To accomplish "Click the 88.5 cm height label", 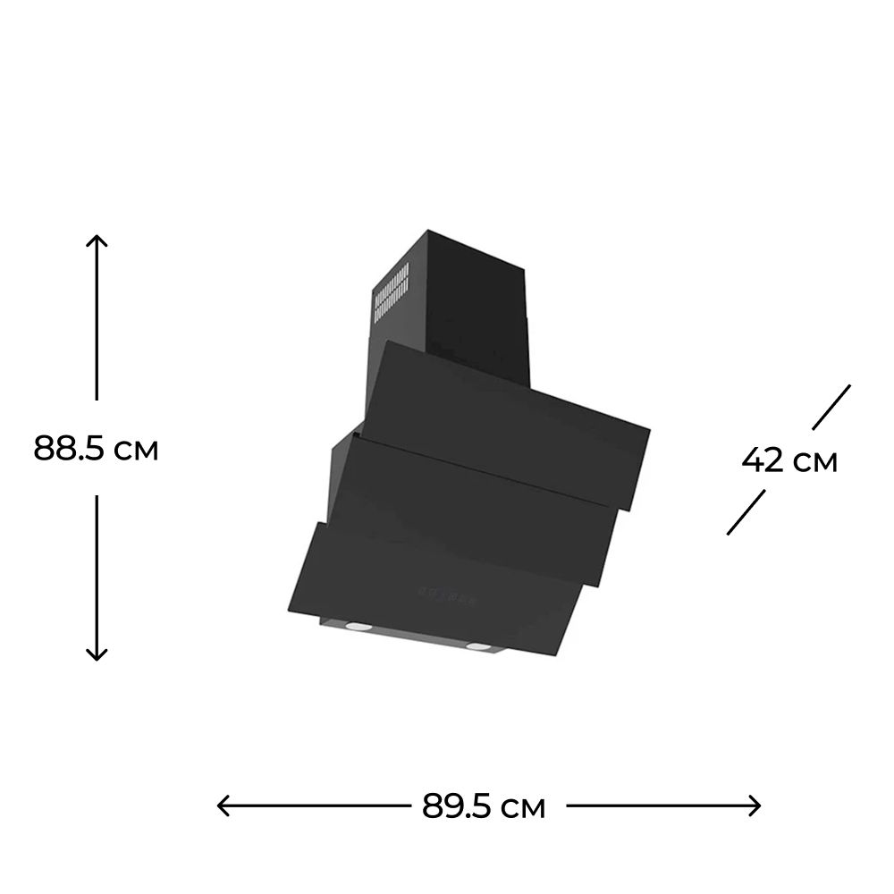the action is (x=96, y=448).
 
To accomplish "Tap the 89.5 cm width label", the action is (x=484, y=806).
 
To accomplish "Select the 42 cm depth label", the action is (x=789, y=460).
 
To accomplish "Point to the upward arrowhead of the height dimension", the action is (x=97, y=240).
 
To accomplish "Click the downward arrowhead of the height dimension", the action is (x=97, y=654).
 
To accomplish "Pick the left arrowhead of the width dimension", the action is (x=223, y=805).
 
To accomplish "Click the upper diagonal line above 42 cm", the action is (x=831, y=407).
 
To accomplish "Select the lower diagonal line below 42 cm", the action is (x=746, y=512).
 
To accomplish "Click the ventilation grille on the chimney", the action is (x=392, y=294).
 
